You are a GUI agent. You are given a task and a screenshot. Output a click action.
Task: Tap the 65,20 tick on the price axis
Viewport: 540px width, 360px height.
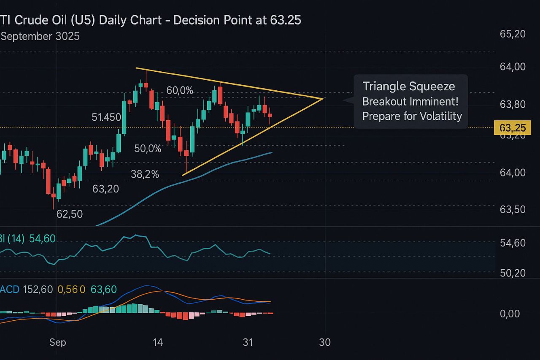513,34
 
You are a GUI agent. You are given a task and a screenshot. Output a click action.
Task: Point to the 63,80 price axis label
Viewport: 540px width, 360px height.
513,104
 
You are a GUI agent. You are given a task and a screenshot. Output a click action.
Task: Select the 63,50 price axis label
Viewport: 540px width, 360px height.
513,210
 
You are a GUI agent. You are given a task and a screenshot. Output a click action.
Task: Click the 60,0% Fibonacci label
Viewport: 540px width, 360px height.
180,90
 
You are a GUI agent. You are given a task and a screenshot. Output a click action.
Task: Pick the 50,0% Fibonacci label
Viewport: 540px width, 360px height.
148,149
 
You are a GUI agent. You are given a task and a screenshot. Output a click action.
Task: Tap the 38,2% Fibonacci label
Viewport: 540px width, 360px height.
145,174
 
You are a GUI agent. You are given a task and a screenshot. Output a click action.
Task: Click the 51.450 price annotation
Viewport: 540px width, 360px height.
106,117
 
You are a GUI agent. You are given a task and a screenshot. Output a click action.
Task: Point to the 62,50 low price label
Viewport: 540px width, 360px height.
70,214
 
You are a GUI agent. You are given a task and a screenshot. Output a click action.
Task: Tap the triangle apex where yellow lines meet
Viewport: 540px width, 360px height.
323,99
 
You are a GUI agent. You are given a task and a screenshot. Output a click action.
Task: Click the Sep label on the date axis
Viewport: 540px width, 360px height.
58,342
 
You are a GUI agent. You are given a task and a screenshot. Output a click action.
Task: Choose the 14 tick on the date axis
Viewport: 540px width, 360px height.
158,342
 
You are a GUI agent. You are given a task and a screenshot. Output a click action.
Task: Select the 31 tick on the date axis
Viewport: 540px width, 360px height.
248,342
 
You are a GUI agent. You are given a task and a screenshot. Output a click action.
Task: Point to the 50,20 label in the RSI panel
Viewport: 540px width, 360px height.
513,273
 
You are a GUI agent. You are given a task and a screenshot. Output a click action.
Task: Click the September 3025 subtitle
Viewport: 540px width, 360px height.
40,36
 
